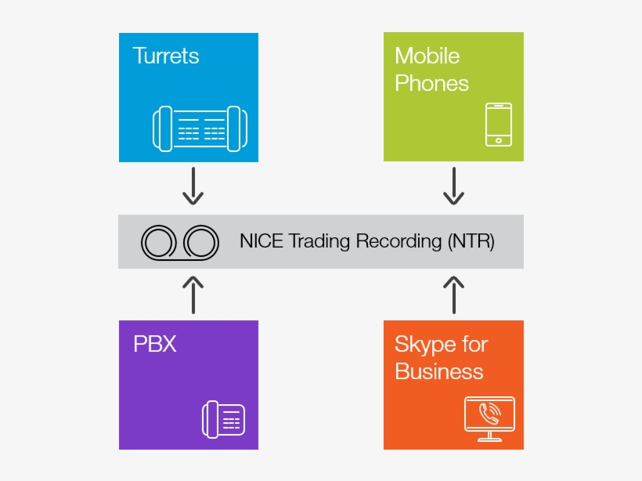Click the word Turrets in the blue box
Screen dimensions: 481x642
point(165,56)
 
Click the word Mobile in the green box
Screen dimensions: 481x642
point(427,56)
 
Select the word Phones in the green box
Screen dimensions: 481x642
point(431,83)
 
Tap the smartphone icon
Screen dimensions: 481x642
point(498,124)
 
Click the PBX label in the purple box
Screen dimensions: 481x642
point(154,344)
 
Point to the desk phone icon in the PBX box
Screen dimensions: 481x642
point(223,419)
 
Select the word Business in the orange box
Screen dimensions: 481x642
point(438,371)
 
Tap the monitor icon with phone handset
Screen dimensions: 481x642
point(489,418)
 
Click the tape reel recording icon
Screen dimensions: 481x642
point(179,242)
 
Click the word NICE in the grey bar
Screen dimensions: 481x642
point(261,241)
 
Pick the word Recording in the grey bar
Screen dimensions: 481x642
point(399,241)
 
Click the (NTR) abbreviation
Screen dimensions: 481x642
point(471,241)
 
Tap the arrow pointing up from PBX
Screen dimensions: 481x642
point(193,294)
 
